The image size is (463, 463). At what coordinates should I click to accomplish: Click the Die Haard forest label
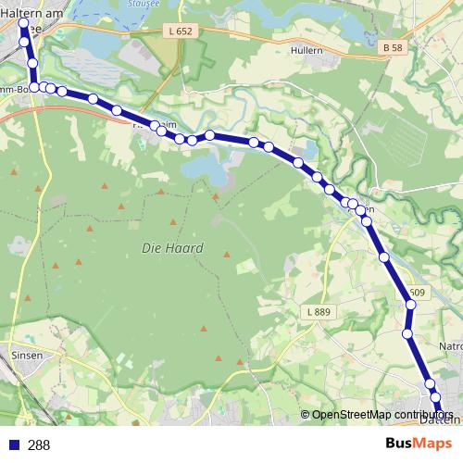point(172,249)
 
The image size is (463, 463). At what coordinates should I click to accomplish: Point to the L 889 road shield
point(318,313)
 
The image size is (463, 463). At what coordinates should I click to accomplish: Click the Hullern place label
point(306,51)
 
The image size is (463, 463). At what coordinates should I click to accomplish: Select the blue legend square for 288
point(14,444)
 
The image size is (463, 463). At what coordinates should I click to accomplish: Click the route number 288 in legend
point(39,444)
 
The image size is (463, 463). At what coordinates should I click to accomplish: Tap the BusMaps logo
point(419,444)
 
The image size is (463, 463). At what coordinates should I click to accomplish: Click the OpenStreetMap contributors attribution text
point(382,415)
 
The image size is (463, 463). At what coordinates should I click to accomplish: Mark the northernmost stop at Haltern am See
point(22,22)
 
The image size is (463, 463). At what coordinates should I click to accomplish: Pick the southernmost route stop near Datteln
point(436,398)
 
